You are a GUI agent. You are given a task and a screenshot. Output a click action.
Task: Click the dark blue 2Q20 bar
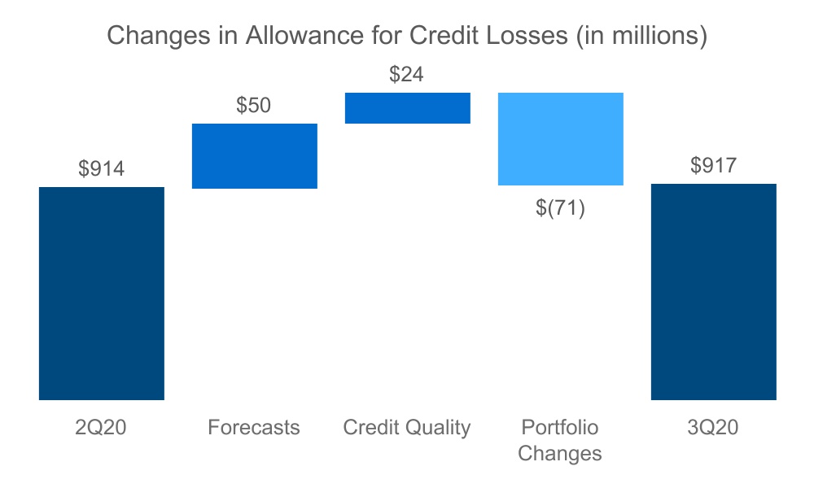[102, 294]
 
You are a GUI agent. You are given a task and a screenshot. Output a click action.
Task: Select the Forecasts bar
[255, 156]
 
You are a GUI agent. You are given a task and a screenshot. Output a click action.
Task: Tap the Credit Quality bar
[408, 108]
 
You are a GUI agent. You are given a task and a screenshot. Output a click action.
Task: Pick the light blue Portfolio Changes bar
[561, 139]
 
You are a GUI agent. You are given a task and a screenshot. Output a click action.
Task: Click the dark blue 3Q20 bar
[714, 292]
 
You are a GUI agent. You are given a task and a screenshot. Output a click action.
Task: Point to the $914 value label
[102, 169]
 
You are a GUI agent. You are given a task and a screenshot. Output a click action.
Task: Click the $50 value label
[254, 106]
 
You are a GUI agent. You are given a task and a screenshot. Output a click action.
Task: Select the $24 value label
[407, 75]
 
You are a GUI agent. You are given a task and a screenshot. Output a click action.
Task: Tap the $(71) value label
[561, 207]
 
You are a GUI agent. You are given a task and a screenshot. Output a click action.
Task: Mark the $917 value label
[714, 166]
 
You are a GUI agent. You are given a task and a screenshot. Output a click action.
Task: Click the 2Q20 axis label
[102, 428]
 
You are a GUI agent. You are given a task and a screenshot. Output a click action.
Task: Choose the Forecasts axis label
[254, 428]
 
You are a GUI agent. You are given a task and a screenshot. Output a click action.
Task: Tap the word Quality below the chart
[440, 428]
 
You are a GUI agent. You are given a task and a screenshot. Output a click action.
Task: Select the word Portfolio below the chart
[560, 428]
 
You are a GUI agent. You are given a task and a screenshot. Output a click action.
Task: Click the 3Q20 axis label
[714, 428]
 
